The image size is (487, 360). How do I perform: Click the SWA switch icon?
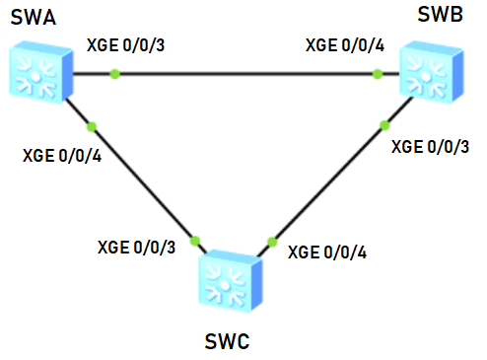coord(36,71)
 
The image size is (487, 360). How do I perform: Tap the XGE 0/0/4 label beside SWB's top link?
coord(345,44)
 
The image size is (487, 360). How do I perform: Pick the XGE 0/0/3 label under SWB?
coord(431,147)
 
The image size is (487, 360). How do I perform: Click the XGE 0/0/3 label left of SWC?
coord(136,247)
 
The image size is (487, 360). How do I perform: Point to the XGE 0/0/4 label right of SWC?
coord(327,252)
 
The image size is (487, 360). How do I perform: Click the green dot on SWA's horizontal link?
coord(115,74)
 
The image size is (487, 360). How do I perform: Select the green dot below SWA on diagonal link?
coord(92,125)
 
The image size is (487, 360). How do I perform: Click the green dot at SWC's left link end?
coord(195,239)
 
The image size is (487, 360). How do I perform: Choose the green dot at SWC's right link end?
coord(271,239)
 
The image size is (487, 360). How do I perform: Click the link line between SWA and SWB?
coord(246,74)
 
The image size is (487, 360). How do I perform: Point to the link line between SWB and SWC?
coord(325,182)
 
